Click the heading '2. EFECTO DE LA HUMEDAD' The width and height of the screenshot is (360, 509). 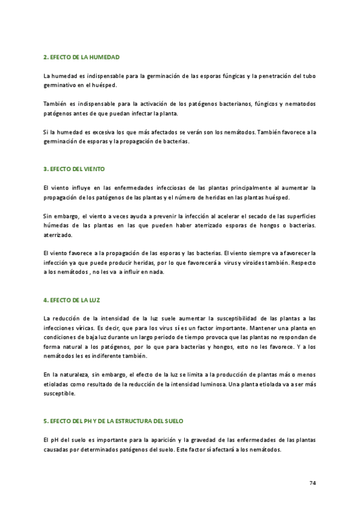[82, 57]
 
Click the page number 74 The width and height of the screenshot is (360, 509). [313, 483]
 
